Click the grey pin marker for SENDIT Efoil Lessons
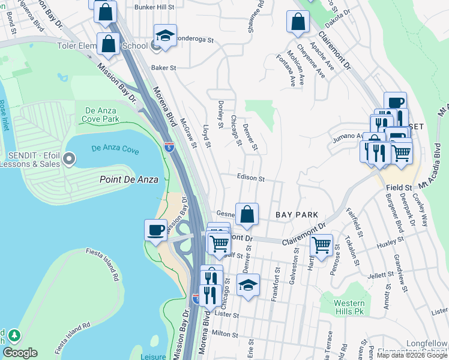pos(69,159)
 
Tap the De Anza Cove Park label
pos(108,115)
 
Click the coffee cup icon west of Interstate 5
pos(156,230)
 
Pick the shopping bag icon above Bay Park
pos(247,214)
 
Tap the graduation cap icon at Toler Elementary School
pos(165,35)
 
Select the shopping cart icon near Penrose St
pos(322,245)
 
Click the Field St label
pos(399,188)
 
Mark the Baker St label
pos(163,68)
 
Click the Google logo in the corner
pos(20,353)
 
